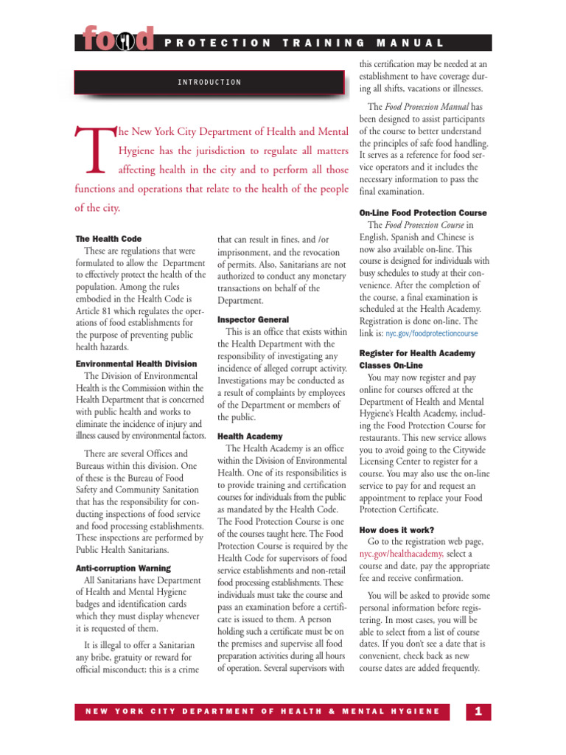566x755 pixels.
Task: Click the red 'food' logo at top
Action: (118, 38)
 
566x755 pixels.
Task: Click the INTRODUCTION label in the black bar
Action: (209, 82)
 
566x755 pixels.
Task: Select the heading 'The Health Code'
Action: (108, 239)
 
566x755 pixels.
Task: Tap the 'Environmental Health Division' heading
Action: (136, 363)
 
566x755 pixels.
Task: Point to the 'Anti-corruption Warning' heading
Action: (123, 568)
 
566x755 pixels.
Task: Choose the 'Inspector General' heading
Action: (253, 319)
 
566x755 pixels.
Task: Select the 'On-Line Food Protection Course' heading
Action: (423, 213)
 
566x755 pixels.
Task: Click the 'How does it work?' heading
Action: (396, 529)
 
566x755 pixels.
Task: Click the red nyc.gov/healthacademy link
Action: (401, 554)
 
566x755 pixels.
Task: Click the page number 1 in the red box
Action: (478, 711)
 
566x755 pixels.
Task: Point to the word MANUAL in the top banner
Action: (420, 44)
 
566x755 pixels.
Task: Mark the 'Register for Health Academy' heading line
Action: (417, 353)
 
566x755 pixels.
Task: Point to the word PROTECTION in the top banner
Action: (218, 44)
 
